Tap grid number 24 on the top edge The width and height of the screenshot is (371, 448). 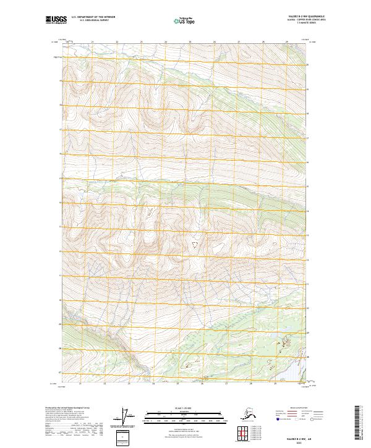click(x=166, y=42)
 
